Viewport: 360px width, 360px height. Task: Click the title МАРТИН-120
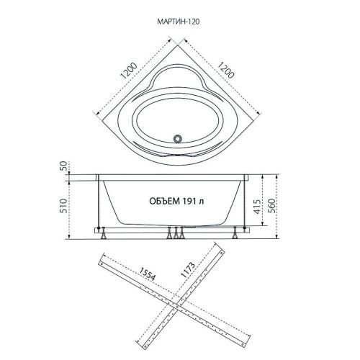(x=179, y=22)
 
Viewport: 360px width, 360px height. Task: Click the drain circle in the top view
(x=178, y=139)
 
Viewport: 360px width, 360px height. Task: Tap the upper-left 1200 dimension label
(x=129, y=71)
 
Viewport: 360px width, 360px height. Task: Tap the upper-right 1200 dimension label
(x=225, y=70)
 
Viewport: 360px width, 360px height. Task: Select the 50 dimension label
(x=63, y=166)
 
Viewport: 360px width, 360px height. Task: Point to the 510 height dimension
(x=63, y=206)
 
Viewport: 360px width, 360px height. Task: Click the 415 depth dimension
(x=257, y=207)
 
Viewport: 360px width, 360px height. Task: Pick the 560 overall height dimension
(x=271, y=206)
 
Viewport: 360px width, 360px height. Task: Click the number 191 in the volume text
(x=189, y=201)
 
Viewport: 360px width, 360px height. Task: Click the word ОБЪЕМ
(x=164, y=201)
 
